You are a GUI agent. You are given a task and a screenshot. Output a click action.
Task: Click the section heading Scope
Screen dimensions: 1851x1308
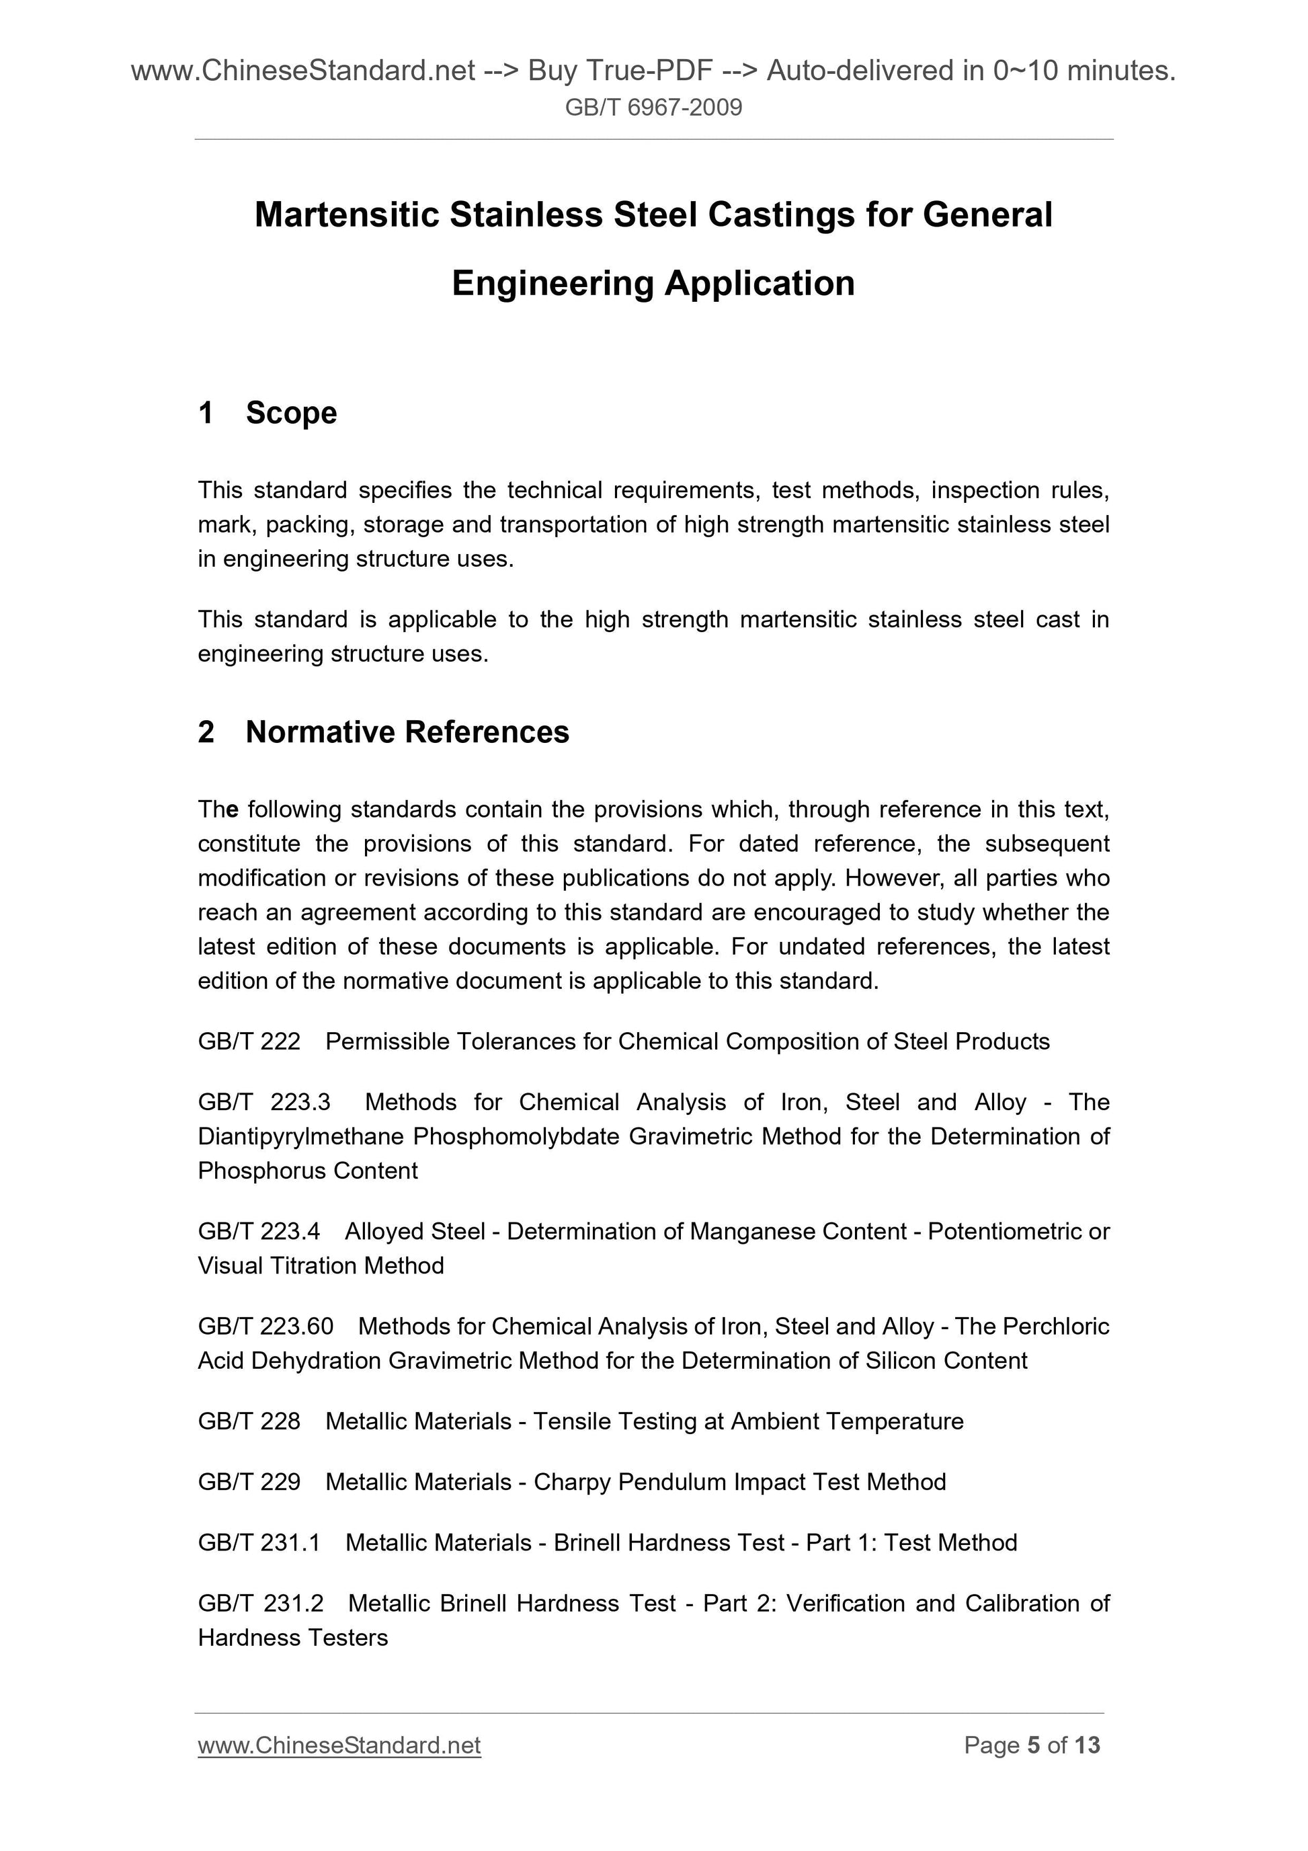pyautogui.click(x=291, y=413)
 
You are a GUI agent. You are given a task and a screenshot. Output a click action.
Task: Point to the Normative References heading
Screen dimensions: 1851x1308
pyautogui.click(x=407, y=732)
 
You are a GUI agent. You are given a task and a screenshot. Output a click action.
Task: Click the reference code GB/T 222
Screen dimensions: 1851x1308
pyautogui.click(x=249, y=1041)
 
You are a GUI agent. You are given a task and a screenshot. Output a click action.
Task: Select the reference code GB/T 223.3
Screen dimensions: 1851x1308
pyautogui.click(x=263, y=1102)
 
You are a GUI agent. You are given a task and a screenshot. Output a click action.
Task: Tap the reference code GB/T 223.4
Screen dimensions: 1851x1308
pyautogui.click(x=259, y=1231)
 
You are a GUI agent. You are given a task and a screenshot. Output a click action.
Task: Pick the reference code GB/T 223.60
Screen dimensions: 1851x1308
pyautogui.click(x=265, y=1326)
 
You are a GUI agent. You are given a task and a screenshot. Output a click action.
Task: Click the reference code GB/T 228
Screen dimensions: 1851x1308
pyautogui.click(x=249, y=1421)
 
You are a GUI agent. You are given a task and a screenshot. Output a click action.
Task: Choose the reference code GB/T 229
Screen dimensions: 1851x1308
pyautogui.click(x=249, y=1482)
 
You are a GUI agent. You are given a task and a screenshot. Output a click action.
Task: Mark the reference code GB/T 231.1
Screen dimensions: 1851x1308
pyautogui.click(x=259, y=1542)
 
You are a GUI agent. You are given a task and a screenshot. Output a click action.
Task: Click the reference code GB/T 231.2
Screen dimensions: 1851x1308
pyautogui.click(x=260, y=1603)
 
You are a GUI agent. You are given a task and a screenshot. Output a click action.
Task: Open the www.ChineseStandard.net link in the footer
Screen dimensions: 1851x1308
pyautogui.click(x=339, y=1745)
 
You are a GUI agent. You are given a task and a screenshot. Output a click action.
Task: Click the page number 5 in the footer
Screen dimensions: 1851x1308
pyautogui.click(x=1033, y=1745)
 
